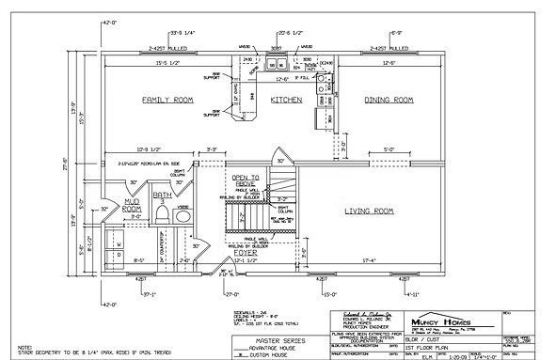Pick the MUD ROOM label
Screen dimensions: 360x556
(x=131, y=205)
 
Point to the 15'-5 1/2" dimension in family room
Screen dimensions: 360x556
(x=166, y=63)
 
